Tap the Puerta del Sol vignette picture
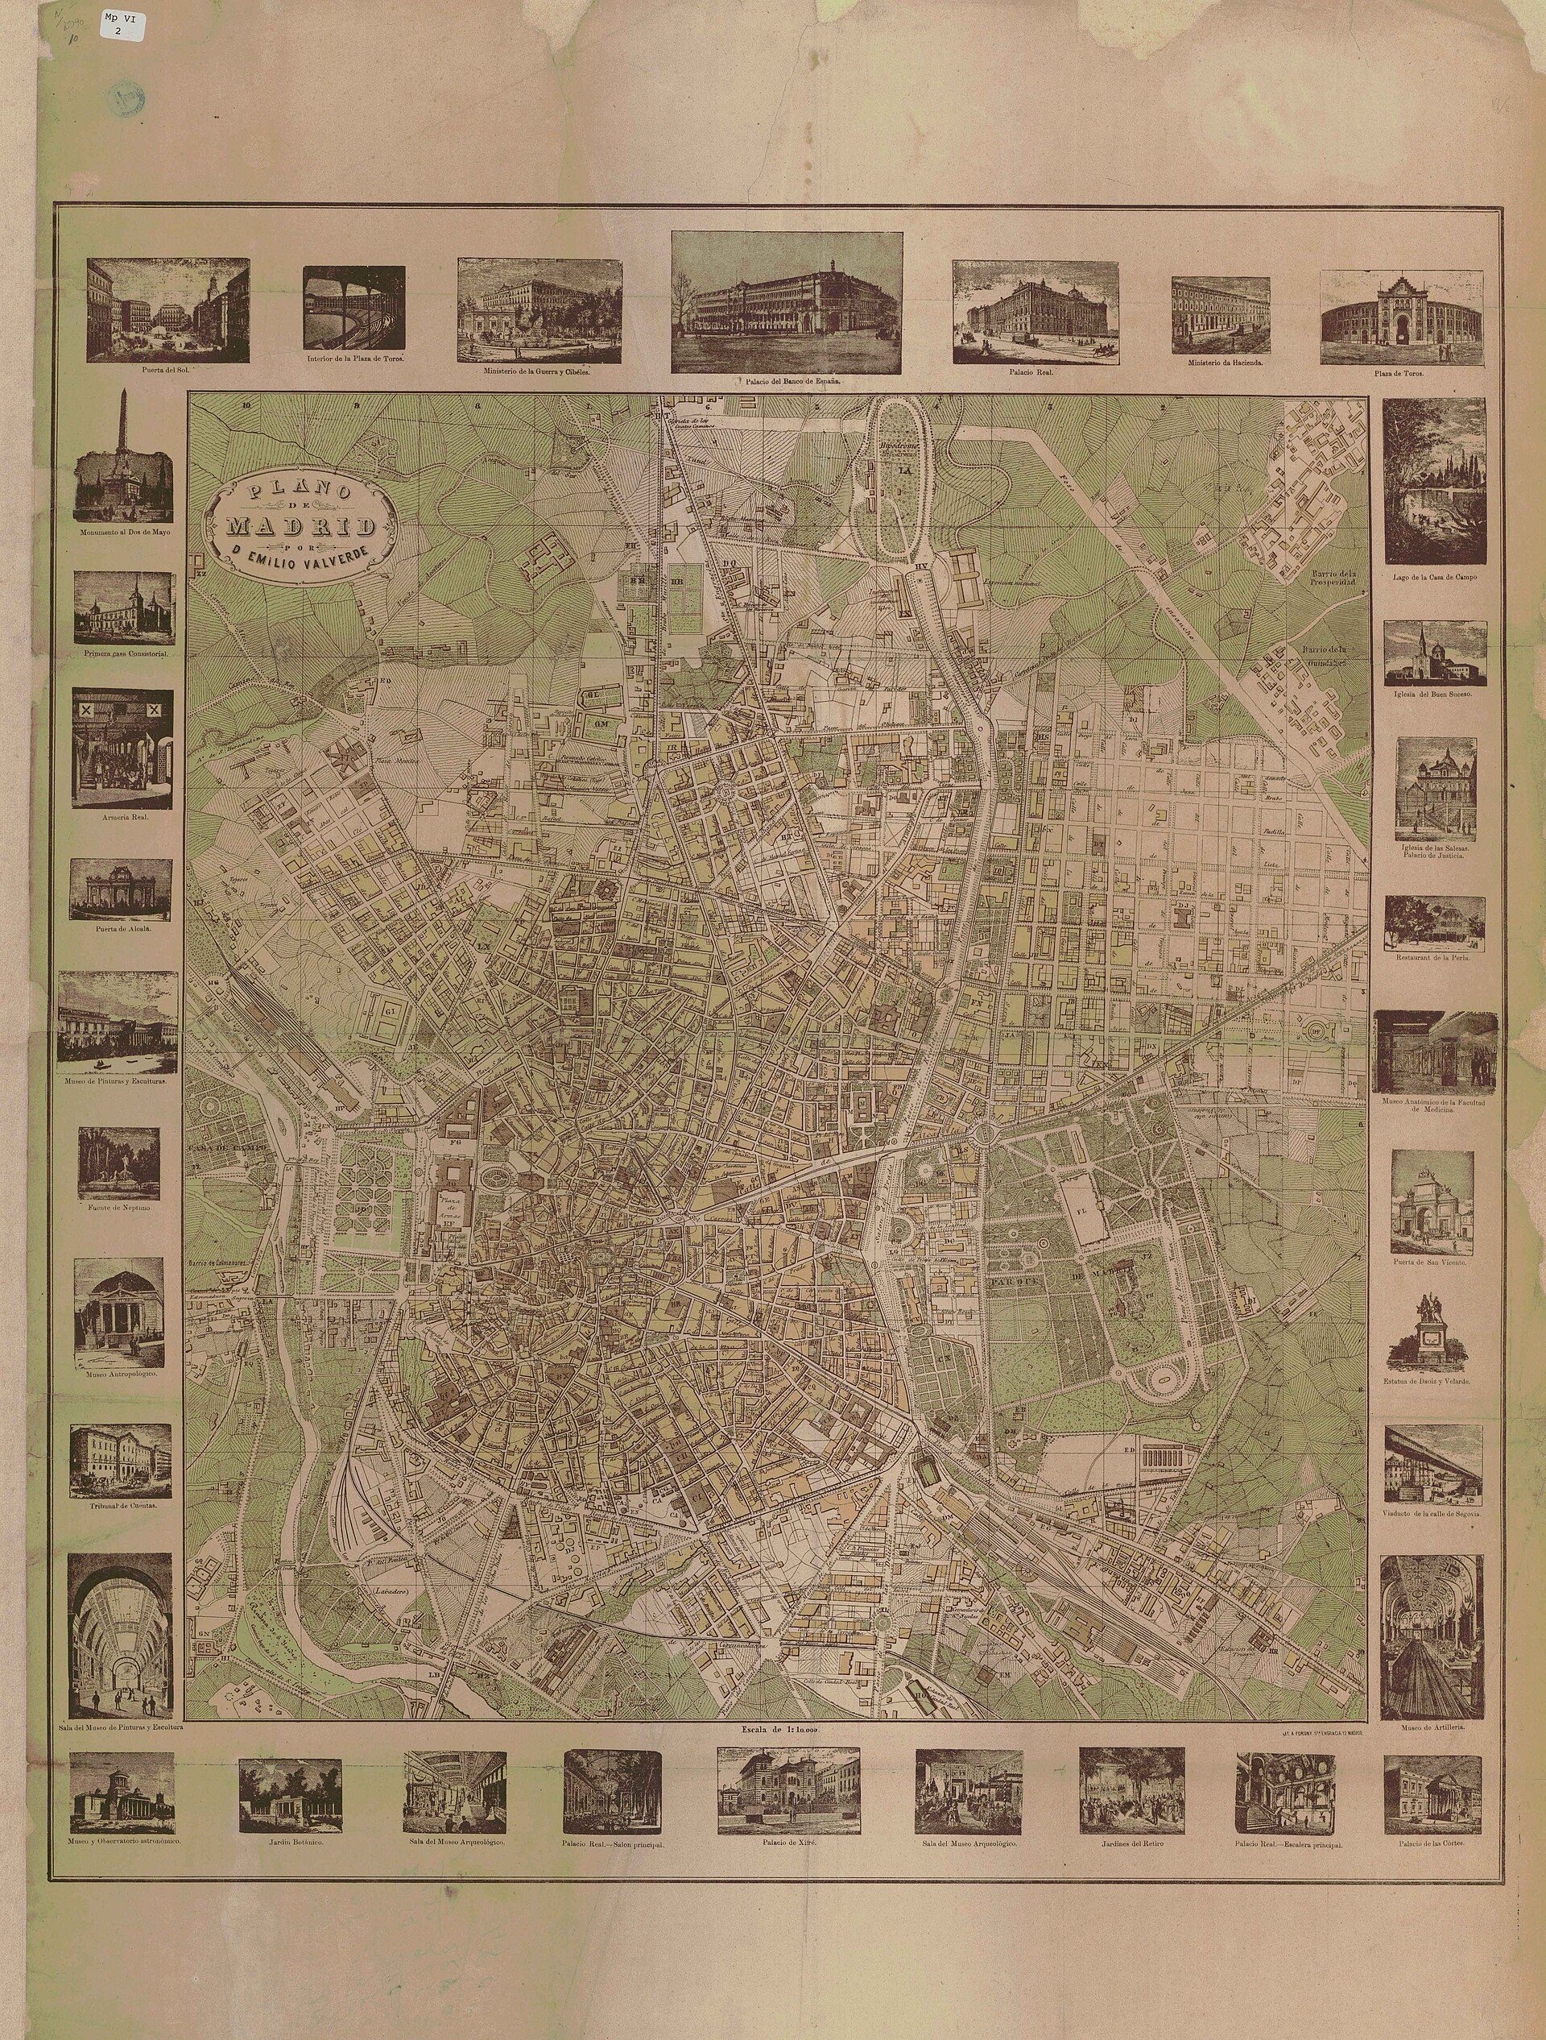[167, 310]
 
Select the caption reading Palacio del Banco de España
[787, 380]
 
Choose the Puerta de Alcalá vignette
[120, 891]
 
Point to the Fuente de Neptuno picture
[119, 1164]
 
